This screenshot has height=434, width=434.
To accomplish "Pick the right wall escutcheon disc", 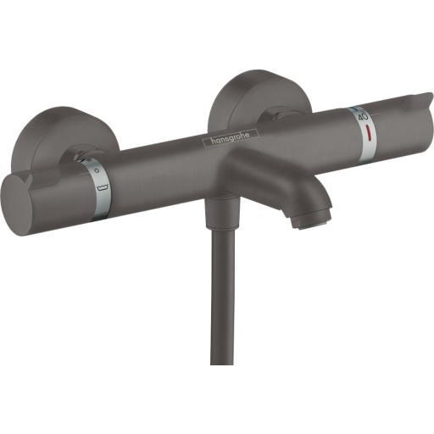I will tap(242, 98).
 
